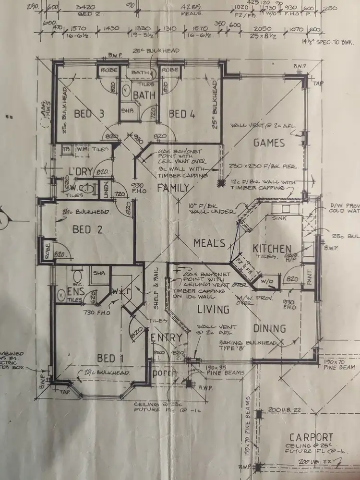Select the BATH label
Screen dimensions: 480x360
[x=144, y=95]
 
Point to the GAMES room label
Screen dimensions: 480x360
[x=269, y=143]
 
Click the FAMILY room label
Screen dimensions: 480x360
[x=173, y=188]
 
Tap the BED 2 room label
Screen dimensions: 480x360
[x=88, y=229]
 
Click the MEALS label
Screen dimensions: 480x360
[x=209, y=243]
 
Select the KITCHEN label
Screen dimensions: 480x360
[x=272, y=249]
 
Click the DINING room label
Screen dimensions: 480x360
[x=269, y=329]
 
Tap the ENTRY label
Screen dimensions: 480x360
[x=167, y=337]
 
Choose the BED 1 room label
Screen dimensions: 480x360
[x=106, y=358]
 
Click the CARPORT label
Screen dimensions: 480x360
[x=311, y=437]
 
